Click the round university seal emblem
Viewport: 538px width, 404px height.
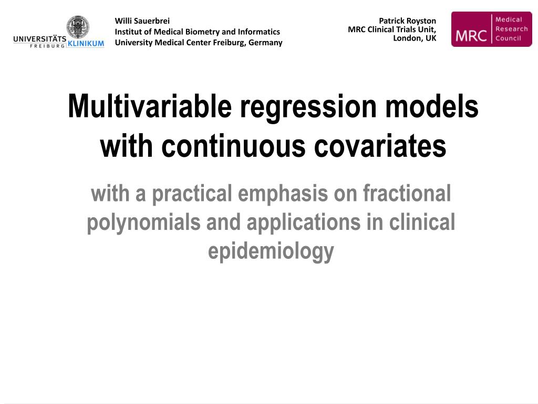tap(78, 27)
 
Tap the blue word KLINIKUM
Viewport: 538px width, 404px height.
tap(86, 43)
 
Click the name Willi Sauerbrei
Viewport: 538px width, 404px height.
tap(142, 21)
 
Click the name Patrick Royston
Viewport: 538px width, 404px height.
tap(407, 21)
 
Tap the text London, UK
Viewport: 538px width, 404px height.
tap(415, 38)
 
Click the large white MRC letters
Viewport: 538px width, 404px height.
tap(471, 36)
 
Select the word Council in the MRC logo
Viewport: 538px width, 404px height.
tap(508, 38)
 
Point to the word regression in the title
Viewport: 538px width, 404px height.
tap(308, 107)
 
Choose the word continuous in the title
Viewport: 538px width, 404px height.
tap(233, 146)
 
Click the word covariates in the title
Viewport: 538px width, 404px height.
tap(380, 146)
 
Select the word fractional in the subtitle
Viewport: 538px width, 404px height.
tap(407, 193)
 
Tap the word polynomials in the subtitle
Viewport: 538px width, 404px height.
tap(143, 223)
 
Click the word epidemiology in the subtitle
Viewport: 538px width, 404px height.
tap(271, 252)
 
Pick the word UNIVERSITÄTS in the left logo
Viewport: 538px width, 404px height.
tap(40, 39)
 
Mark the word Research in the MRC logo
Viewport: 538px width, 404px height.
tap(511, 29)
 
